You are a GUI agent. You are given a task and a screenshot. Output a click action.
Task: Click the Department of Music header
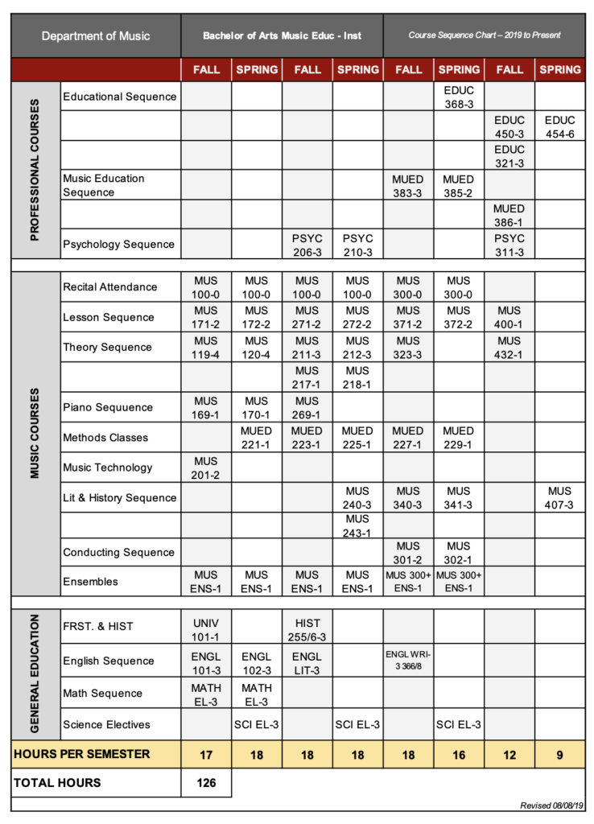click(x=96, y=35)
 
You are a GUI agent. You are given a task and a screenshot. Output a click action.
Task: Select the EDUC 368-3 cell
click(x=459, y=97)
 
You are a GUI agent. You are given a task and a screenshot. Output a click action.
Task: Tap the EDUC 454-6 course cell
click(x=559, y=126)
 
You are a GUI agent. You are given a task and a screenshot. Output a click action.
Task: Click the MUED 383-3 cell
click(x=408, y=186)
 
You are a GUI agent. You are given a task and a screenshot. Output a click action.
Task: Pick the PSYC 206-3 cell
click(x=307, y=245)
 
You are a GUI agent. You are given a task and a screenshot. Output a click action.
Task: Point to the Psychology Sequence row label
click(x=119, y=245)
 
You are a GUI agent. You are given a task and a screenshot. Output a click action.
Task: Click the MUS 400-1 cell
click(x=509, y=317)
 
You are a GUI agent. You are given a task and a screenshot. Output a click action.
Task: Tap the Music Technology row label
click(x=108, y=468)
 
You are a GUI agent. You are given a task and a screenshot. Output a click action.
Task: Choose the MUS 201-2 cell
click(x=206, y=468)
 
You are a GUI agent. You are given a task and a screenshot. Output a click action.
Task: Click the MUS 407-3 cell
click(x=559, y=497)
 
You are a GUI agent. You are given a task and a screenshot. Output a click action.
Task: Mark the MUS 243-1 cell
click(x=357, y=526)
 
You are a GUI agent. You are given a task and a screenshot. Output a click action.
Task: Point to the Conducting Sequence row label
click(x=119, y=553)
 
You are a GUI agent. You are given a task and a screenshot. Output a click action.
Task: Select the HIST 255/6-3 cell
click(x=307, y=628)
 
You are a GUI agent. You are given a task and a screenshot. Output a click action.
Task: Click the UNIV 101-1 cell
click(x=206, y=628)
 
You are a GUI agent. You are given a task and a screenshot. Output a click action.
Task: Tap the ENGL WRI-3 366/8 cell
click(x=408, y=661)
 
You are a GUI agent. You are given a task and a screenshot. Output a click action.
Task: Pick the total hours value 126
click(x=206, y=782)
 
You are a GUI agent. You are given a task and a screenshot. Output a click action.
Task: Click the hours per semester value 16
click(x=459, y=755)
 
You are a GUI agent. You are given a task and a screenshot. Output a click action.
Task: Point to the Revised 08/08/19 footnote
click(x=552, y=805)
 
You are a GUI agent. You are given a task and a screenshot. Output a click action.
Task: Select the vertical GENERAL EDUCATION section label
click(x=35, y=674)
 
